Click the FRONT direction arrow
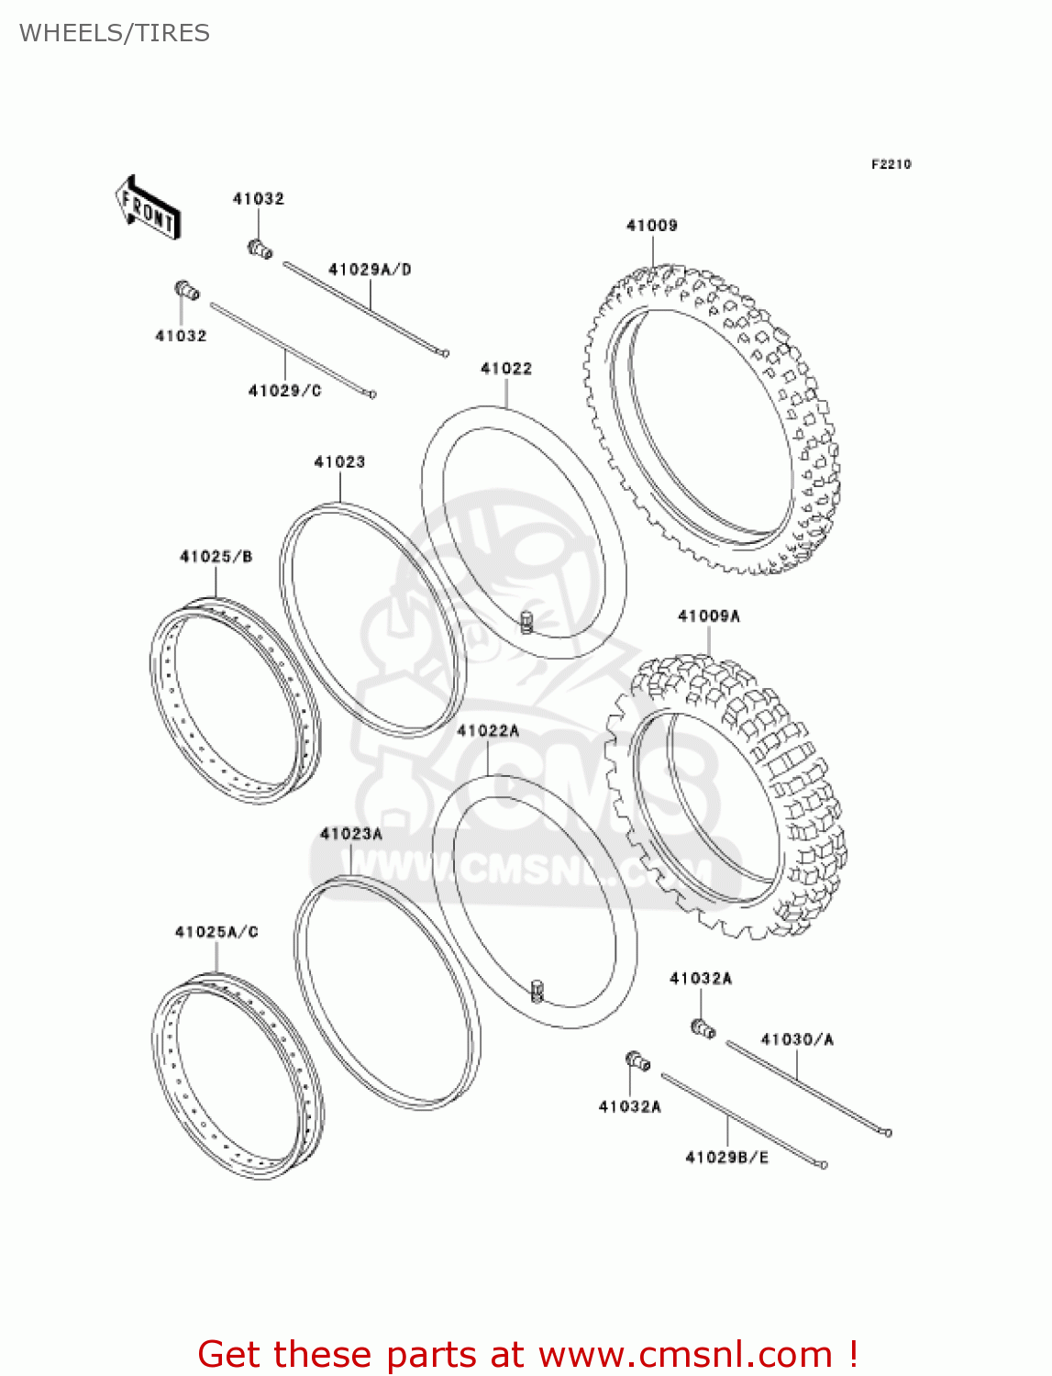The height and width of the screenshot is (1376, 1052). [147, 209]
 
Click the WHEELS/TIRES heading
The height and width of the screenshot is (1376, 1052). [114, 33]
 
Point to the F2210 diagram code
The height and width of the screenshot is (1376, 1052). [891, 164]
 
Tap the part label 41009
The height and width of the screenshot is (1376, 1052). [651, 226]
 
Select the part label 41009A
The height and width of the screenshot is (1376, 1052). [708, 616]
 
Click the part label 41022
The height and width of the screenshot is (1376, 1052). [506, 369]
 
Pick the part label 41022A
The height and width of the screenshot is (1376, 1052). [488, 731]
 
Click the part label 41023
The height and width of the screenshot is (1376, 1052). [339, 462]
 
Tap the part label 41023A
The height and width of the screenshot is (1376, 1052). [350, 834]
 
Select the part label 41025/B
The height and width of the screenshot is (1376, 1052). [216, 557]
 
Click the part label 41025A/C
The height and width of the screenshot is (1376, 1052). [216, 932]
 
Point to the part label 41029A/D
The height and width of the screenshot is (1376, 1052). [370, 270]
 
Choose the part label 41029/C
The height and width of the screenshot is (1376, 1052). [284, 391]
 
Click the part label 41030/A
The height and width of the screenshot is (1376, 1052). [796, 1039]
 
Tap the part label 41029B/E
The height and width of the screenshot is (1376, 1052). [726, 1158]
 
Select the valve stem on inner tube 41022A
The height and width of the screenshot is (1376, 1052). [537, 991]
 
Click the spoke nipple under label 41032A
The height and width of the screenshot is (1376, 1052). [703, 1028]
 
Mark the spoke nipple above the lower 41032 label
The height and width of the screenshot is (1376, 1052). [187, 291]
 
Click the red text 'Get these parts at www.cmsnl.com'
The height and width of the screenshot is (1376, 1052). [527, 1354]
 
